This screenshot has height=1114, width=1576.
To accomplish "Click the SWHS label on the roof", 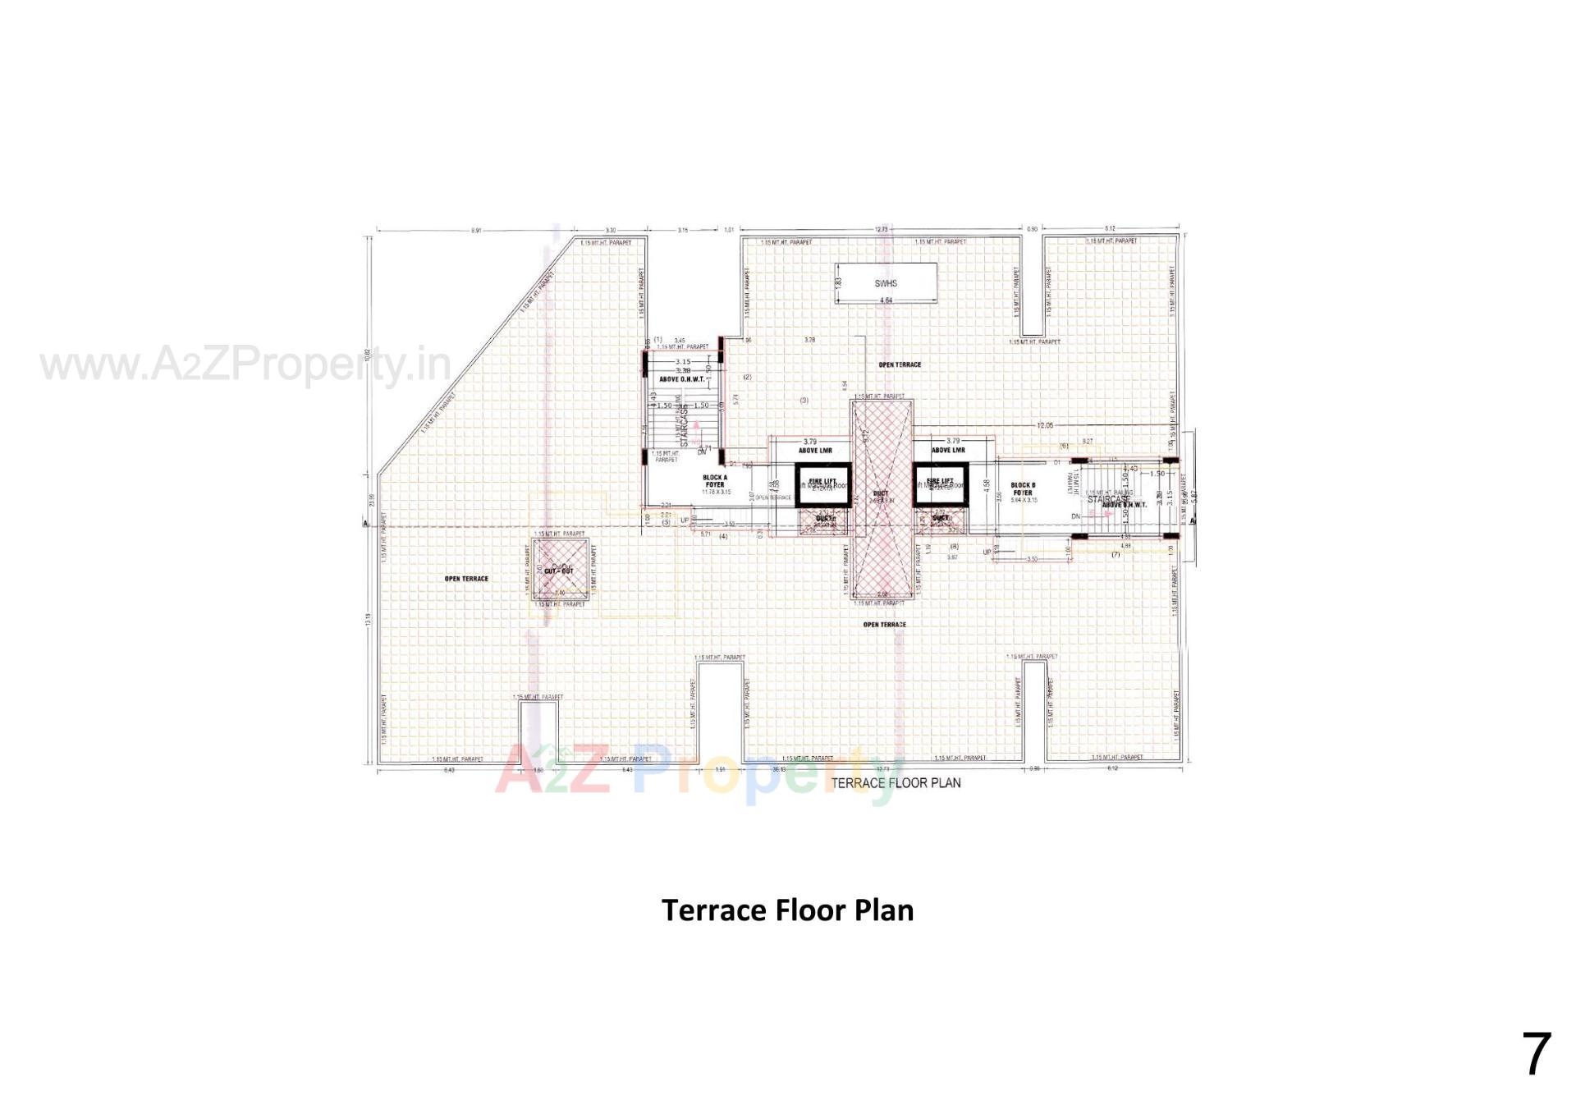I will pos(886,283).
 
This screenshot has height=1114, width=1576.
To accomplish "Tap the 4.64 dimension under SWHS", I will pos(886,301).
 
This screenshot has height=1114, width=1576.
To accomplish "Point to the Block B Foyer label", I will pos(1023,489).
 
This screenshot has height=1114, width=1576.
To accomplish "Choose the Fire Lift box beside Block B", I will pos(941,484).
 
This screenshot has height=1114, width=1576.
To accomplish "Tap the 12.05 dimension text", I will pos(1044,425).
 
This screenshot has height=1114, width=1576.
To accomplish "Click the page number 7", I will pos(1537,1054).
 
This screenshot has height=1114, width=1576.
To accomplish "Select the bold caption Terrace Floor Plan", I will pos(787,910).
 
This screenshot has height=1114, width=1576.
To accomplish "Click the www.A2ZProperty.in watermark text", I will pos(245,365).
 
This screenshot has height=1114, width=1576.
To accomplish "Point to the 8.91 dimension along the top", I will pos(476,231).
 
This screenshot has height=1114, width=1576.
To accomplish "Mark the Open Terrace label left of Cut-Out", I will pos(466,579).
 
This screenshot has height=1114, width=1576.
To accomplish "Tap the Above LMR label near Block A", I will pos(815,451).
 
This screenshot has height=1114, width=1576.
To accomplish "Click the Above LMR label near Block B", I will pos(948,451).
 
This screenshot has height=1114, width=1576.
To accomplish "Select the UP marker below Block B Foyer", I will pos(987,552).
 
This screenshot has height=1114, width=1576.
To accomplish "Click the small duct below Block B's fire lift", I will pos(941,519).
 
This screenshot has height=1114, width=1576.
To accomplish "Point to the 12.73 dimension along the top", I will pos(882,230).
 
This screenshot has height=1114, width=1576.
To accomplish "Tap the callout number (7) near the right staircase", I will pos(1116,555).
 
